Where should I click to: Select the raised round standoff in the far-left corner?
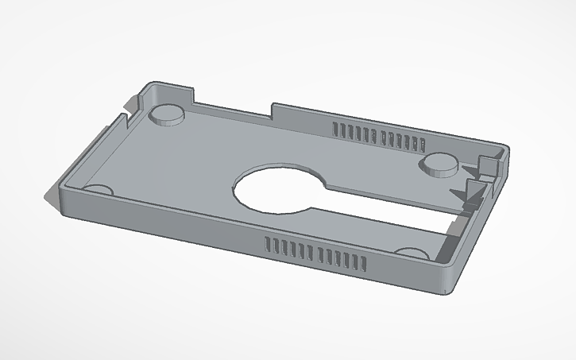coord(168,114)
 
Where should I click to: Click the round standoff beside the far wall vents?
coord(439,164)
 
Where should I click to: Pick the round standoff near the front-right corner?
coord(413,253)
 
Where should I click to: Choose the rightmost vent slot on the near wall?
coord(365,265)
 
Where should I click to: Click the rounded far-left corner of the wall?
coord(151,85)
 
